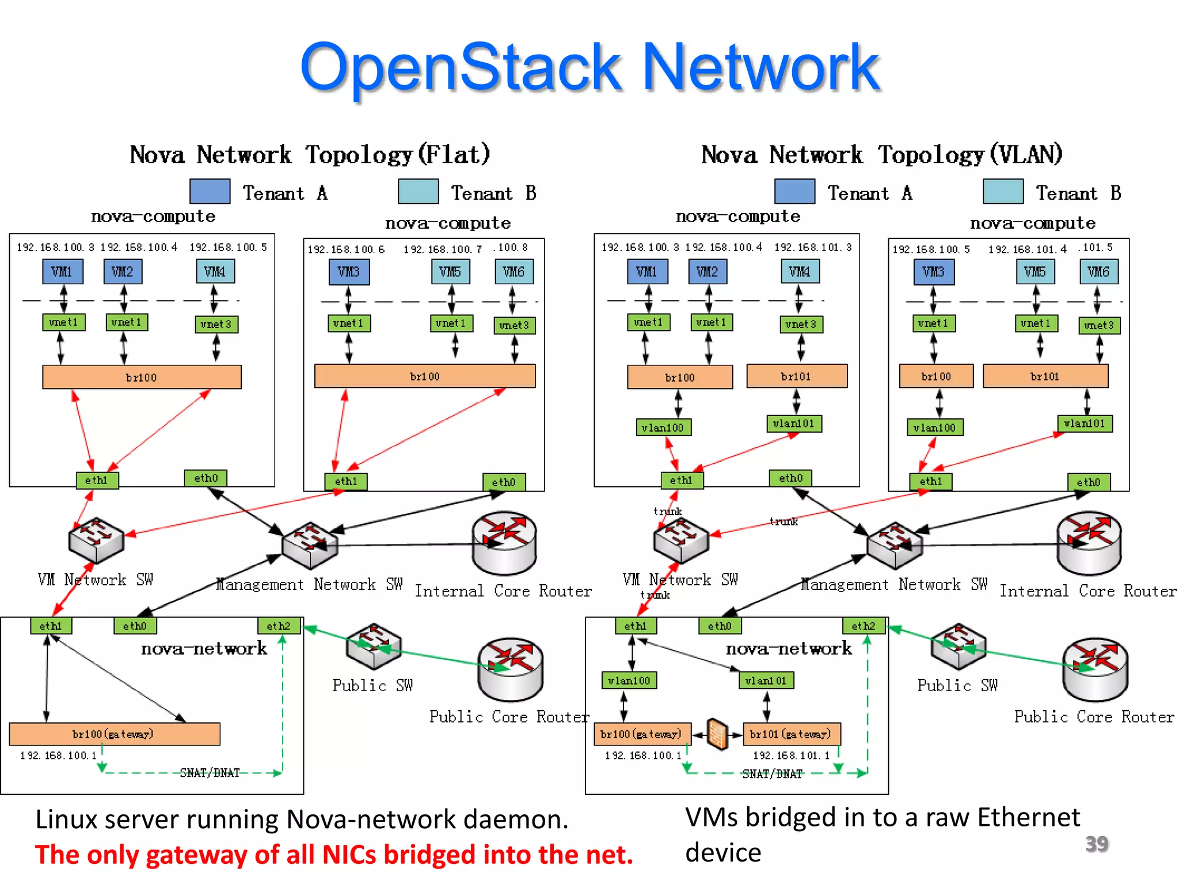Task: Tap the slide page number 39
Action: [x=1096, y=844]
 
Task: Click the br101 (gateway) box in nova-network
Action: [x=791, y=734]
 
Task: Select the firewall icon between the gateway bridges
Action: [x=717, y=734]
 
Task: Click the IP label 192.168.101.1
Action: [x=791, y=755]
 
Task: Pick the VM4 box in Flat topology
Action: [x=215, y=272]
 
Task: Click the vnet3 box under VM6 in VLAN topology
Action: [x=1098, y=325]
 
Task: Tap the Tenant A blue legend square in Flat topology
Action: [x=210, y=192]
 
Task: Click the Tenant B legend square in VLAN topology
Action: [x=1003, y=192]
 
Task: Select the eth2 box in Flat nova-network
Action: [x=279, y=626]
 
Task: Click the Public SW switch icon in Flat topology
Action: [x=374, y=646]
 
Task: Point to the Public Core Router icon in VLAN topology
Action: [x=1095, y=668]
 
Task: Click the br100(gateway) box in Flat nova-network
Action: [x=114, y=734]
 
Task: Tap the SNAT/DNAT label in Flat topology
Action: [x=210, y=773]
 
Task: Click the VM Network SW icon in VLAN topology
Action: [x=680, y=540]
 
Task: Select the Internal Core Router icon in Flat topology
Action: [x=504, y=542]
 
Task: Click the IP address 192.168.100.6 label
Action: [x=345, y=249]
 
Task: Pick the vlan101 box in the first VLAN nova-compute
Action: [x=793, y=424]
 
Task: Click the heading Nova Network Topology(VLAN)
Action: [x=881, y=155]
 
